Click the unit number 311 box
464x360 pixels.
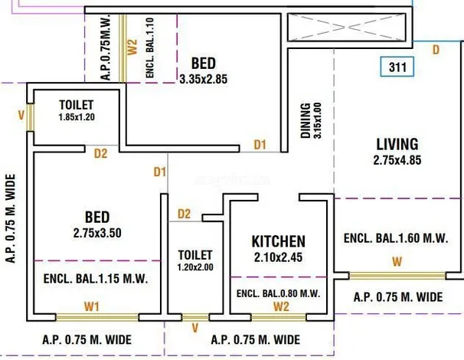coord(397,67)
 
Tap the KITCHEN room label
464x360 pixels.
coord(279,241)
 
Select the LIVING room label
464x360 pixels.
coord(397,145)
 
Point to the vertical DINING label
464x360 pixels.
coord(306,121)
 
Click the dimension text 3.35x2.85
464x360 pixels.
coord(204,80)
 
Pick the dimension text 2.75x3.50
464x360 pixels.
coord(97,233)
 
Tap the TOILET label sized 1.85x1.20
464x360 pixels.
coord(77,105)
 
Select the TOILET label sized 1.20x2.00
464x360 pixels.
coord(195,255)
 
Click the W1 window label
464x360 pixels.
coord(92,306)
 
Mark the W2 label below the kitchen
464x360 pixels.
coord(281,306)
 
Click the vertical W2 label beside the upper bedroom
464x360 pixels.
coord(132,47)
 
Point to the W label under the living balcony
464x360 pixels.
coord(397,262)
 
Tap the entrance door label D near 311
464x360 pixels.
coord(436,50)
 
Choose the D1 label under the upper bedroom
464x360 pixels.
coord(260,145)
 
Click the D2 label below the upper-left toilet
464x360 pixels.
coord(100,154)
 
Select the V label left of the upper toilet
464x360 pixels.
coord(21,115)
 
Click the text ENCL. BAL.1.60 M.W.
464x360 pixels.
coord(396,238)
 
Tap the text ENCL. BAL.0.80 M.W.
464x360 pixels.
coord(279,293)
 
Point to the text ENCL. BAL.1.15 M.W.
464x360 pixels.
coord(96,279)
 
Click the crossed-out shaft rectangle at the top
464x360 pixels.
coord(346,28)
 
